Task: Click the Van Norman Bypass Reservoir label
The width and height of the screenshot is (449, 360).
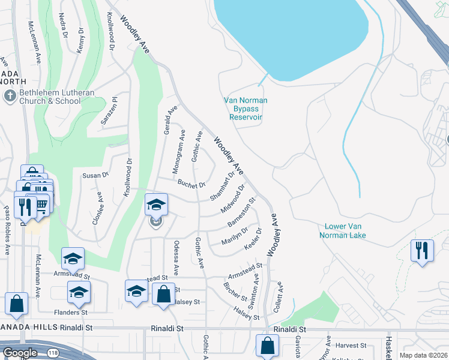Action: point(245,109)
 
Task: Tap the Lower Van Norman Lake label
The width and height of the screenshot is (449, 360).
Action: point(345,231)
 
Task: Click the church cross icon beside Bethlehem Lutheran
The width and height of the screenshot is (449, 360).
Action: point(9,96)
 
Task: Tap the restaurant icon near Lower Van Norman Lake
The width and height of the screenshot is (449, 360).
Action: point(422,250)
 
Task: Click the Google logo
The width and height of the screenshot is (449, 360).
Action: point(19,353)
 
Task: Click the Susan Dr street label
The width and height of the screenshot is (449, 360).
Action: point(95,175)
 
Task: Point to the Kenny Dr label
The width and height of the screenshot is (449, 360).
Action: point(80,40)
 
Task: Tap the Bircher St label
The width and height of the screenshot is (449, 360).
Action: point(235,292)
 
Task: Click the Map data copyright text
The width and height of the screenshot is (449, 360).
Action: point(423,355)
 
